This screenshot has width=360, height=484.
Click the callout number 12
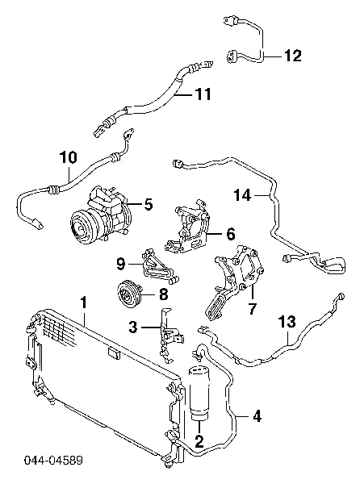click(x=292, y=56)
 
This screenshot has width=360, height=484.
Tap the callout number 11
click(x=203, y=94)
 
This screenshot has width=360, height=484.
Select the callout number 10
click(x=69, y=157)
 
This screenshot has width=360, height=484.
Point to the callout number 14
click(x=242, y=195)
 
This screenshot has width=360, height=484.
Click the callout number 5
click(x=149, y=204)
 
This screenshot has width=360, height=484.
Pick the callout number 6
click(x=231, y=234)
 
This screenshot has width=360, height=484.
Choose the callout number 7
click(x=253, y=308)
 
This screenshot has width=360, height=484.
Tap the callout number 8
click(x=163, y=294)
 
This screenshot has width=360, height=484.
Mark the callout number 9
click(x=121, y=264)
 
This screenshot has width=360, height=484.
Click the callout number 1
click(x=84, y=302)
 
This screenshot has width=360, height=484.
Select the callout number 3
click(x=133, y=327)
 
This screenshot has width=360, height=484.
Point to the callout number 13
click(x=287, y=322)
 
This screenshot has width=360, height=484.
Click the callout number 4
click(x=257, y=416)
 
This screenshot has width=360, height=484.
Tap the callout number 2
click(x=199, y=441)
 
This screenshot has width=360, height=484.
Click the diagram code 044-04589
click(x=54, y=461)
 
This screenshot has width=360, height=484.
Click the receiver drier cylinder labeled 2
click(x=199, y=393)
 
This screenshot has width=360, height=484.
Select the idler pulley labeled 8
click(x=130, y=294)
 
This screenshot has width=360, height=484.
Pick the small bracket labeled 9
click(x=159, y=267)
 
